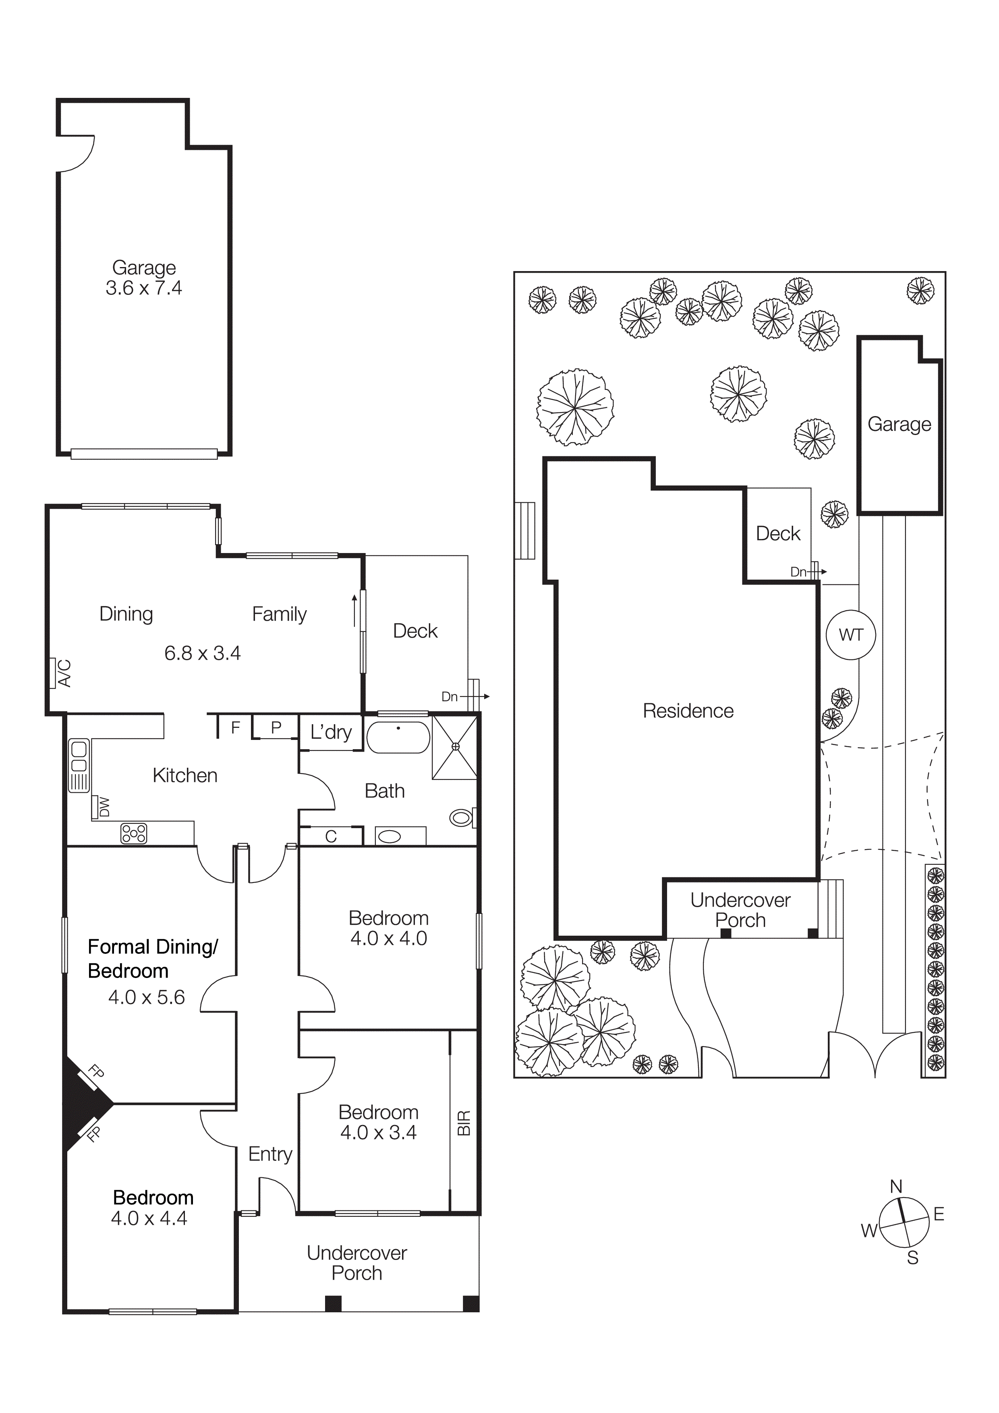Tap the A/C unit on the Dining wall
(54, 673)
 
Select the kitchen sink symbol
(79, 766)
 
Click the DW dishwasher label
(102, 807)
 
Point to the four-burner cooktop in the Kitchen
(134, 833)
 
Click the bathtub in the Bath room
(398, 737)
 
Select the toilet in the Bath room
(462, 818)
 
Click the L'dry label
(331, 732)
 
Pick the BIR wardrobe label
(464, 1123)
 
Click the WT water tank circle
(851, 634)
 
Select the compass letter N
(896, 1187)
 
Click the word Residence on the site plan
(688, 711)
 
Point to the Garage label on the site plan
(899, 424)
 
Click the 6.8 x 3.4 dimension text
(203, 653)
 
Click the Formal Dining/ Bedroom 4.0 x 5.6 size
(147, 997)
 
